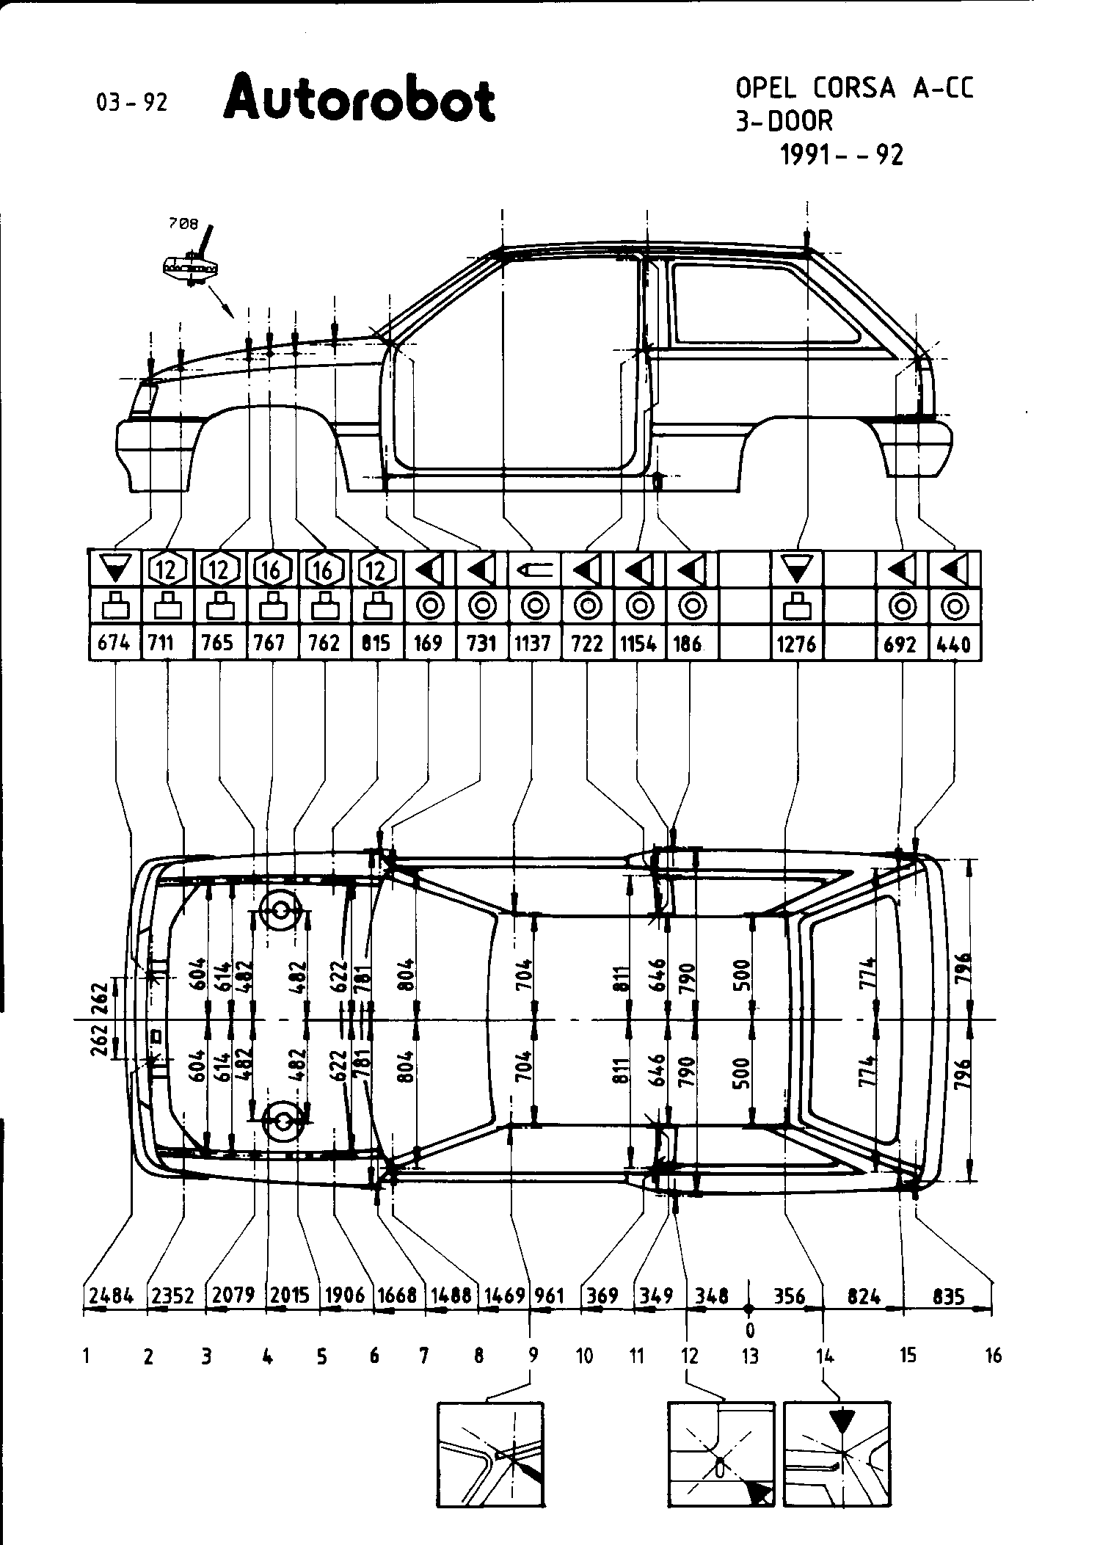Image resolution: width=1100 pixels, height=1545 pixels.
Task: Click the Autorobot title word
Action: [x=360, y=99]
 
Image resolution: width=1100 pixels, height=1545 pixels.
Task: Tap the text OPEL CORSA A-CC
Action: [x=855, y=88]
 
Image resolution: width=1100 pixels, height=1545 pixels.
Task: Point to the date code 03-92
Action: [x=132, y=102]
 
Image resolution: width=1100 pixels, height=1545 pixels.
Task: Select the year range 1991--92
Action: [x=842, y=155]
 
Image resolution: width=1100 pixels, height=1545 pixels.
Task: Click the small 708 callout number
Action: [x=183, y=225]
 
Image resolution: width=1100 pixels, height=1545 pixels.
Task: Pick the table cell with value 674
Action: [x=114, y=644]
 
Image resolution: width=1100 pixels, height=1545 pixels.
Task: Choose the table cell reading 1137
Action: [x=533, y=644]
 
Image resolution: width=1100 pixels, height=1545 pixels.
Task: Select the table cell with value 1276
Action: [x=797, y=644]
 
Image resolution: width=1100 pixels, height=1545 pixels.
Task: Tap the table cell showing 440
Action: [x=954, y=644]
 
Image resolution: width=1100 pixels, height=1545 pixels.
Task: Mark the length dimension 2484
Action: [x=112, y=1295]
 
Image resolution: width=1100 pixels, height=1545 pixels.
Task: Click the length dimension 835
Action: [x=948, y=1295]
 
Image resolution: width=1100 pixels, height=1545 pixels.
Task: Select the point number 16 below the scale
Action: [x=993, y=1355]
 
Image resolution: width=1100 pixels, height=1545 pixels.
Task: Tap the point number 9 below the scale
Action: [x=533, y=1355]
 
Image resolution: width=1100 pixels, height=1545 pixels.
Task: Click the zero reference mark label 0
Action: [x=749, y=1329]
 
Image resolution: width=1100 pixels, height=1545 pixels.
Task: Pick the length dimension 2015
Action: [x=290, y=1295]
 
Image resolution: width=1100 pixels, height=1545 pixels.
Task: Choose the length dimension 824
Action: [x=864, y=1295]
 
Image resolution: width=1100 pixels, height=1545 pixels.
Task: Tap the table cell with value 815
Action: [x=376, y=644]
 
